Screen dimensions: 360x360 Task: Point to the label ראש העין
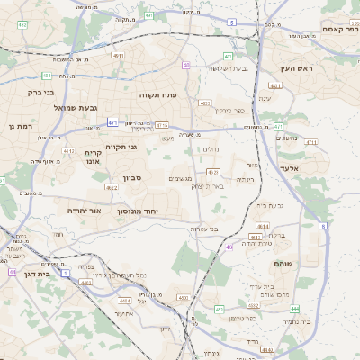coord(293,69)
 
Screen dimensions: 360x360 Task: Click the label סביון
coord(133,178)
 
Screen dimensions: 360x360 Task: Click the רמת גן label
coord(19,127)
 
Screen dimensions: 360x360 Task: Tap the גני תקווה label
coord(121,147)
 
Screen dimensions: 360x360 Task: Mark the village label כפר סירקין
coord(229,111)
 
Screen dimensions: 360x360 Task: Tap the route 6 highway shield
coord(322,226)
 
